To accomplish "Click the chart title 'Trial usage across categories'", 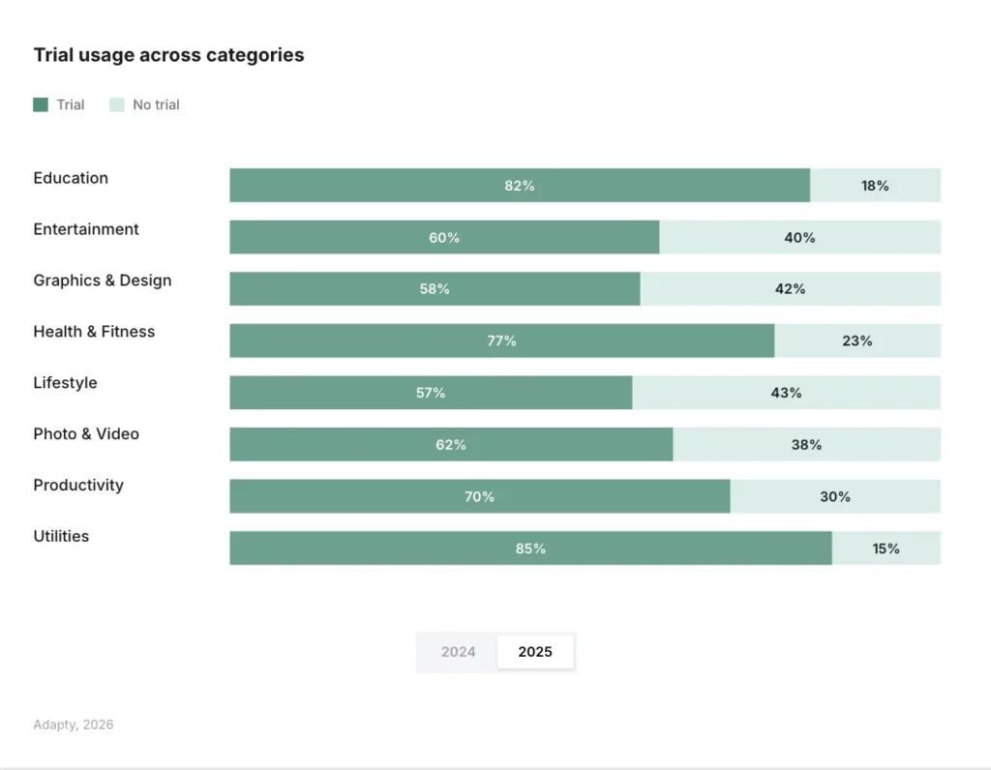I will click(168, 55).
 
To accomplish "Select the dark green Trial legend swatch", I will click(41, 104).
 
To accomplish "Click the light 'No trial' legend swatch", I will click(116, 104).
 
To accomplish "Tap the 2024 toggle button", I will click(458, 652).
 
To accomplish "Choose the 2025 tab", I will click(535, 652).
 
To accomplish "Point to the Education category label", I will click(71, 178).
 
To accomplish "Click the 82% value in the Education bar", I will click(520, 186).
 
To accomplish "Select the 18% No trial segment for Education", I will click(875, 186).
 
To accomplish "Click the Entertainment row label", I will click(86, 229).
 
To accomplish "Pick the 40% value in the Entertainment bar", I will click(799, 237).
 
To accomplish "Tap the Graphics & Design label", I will click(103, 281).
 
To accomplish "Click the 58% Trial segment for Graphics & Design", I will click(435, 289).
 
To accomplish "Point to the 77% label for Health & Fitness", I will click(501, 341).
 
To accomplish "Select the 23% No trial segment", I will click(857, 341).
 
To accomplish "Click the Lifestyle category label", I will click(65, 383).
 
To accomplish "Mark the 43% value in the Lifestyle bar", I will click(786, 393).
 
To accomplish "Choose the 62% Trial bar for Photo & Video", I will click(451, 445).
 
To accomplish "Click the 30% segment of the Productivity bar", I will click(835, 496).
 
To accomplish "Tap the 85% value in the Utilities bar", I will click(530, 548).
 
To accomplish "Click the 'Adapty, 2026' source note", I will click(74, 725).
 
